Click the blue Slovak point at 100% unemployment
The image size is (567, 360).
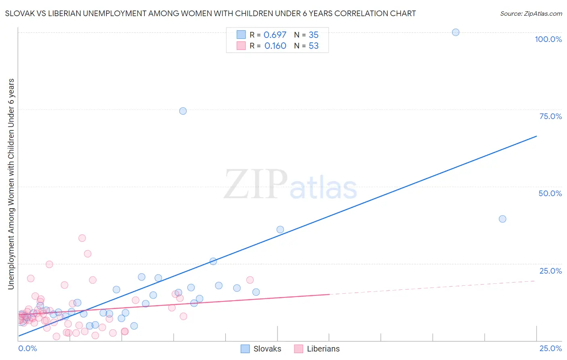[455, 32]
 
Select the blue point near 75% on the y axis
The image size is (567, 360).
[183, 111]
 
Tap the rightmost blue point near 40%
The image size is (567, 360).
[502, 219]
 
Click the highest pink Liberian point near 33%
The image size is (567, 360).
[82, 238]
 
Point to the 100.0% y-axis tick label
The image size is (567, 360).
[548, 39]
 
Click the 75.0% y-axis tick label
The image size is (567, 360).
[550, 116]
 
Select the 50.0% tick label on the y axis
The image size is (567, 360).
[550, 193]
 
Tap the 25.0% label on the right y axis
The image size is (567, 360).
[550, 271]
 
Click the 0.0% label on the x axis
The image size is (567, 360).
[27, 348]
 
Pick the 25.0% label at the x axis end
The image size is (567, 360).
[550, 348]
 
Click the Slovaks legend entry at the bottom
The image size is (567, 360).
[261, 349]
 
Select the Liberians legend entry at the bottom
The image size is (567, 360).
[317, 349]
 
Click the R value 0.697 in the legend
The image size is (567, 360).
[275, 35]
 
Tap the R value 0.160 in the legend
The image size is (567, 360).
[275, 46]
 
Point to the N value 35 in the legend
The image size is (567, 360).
[313, 35]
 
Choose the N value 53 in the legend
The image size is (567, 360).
[313, 46]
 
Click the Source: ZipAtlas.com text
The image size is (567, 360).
[531, 14]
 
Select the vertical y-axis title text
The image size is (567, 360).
[11, 184]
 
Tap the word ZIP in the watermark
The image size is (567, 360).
[255, 185]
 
